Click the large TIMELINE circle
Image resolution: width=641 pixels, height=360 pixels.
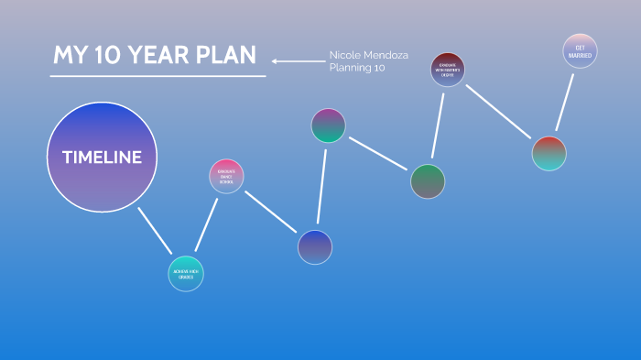click(x=102, y=157)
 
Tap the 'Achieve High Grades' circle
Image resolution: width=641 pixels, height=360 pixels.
click(x=186, y=273)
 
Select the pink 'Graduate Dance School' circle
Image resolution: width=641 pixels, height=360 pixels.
click(x=226, y=177)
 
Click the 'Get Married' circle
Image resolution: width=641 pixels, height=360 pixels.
click(x=580, y=51)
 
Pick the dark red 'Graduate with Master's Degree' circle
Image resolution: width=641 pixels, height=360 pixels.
click(x=448, y=70)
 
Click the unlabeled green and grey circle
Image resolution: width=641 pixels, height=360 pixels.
click(x=428, y=181)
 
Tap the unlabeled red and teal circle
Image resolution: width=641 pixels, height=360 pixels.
click(x=549, y=153)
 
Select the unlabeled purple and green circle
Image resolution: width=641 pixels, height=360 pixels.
click(x=328, y=125)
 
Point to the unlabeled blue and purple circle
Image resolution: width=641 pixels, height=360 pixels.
click(x=315, y=246)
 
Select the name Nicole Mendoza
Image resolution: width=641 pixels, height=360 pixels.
click(x=369, y=55)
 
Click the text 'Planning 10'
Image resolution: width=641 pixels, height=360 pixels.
click(x=357, y=68)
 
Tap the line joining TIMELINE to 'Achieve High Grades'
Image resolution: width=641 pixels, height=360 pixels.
click(x=155, y=230)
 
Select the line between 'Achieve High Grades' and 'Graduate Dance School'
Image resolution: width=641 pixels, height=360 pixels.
click(x=206, y=224)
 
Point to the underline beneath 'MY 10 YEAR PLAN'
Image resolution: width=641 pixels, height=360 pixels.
click(x=158, y=76)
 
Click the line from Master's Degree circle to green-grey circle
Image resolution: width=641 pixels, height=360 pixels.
click(x=439, y=125)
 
